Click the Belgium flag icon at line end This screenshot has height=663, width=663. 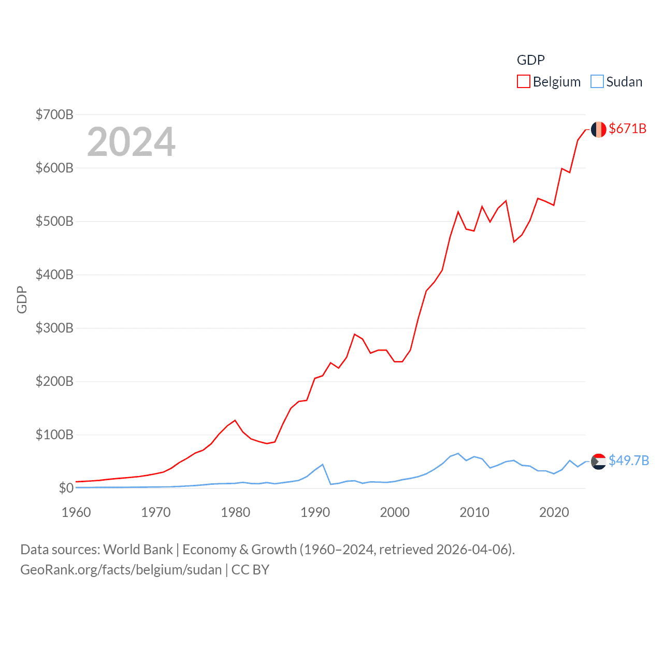coord(598,129)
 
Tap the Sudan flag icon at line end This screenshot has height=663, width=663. coord(598,461)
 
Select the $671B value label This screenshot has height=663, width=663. coord(627,128)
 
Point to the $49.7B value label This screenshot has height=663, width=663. coord(628,460)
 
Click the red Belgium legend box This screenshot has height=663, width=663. coord(524,82)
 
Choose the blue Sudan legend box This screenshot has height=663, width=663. coord(597,82)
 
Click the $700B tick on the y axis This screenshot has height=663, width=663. coord(54,114)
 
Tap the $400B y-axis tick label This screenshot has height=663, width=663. coord(54,275)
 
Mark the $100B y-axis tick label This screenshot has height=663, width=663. coord(54,435)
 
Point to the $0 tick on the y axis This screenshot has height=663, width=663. coord(66,488)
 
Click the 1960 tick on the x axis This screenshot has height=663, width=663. coord(76,512)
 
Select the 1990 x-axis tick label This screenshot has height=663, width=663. coord(315,512)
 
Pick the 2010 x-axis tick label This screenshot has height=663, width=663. coord(474,512)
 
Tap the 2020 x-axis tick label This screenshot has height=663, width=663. coord(554,512)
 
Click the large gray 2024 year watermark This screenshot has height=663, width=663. coord(131,142)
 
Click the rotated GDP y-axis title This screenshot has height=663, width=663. coord(22,299)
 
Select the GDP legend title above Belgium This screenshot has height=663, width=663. coord(530,60)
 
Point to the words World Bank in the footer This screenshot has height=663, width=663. coord(138,549)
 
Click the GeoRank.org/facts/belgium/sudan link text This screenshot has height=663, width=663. coord(121,570)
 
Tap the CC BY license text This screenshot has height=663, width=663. coord(250,570)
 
